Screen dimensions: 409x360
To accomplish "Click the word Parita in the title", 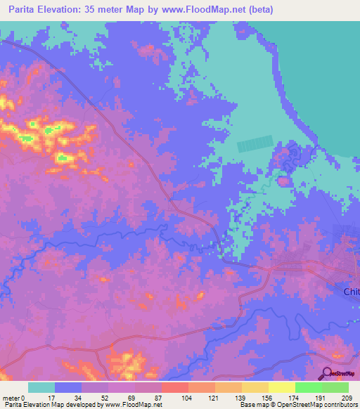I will click(x=25, y=10).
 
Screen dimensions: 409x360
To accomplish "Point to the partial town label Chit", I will click(x=351, y=292).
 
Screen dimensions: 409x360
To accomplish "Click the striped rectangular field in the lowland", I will click(x=254, y=144).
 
